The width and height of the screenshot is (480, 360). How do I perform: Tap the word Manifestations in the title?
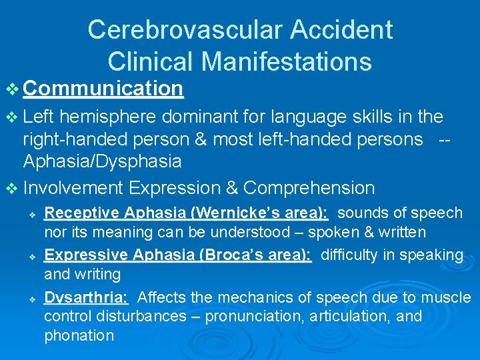(x=286, y=61)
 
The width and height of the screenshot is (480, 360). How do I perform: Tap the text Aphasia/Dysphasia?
(x=102, y=161)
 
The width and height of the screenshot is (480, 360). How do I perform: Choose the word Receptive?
(x=80, y=213)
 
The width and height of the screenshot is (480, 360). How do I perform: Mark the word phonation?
(x=79, y=335)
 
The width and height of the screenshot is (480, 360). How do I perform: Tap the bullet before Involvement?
(x=13, y=189)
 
